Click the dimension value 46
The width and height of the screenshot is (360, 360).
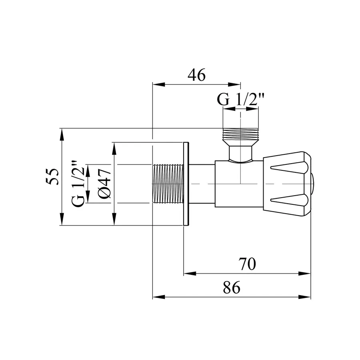pos(196,75)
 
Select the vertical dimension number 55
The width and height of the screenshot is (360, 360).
pos(52,176)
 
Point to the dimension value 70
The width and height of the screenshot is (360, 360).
pos(247,264)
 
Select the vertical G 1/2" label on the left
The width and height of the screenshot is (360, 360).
pos(78,184)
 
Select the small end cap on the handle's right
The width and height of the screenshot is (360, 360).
pos(313,184)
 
